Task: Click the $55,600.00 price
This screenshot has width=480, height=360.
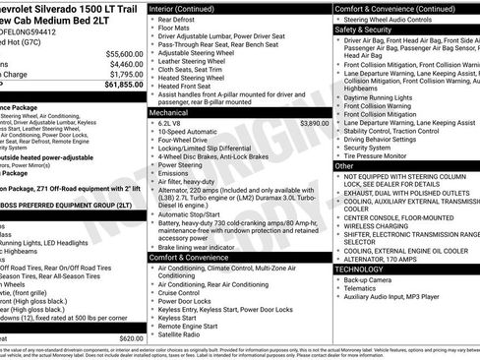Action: tap(124, 53)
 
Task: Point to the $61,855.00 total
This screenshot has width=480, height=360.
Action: tap(123, 86)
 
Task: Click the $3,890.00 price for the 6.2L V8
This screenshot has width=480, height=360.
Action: tap(314, 124)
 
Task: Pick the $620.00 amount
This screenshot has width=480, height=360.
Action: tap(130, 337)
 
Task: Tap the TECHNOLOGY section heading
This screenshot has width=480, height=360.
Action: tap(361, 268)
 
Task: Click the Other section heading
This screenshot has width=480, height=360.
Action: tap(344, 166)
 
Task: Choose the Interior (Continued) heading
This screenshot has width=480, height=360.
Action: tap(189, 7)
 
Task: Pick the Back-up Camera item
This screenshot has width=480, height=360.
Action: tap(375, 280)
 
